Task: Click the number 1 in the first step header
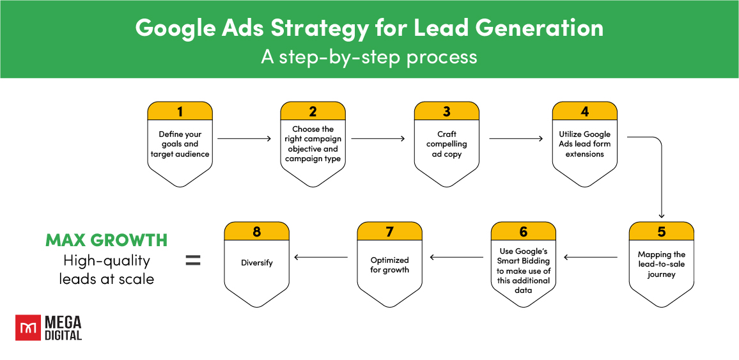click(x=180, y=111)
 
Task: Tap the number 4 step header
click(x=584, y=111)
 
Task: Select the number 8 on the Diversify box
click(x=257, y=231)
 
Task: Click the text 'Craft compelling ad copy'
click(x=446, y=145)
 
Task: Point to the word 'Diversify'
click(x=257, y=263)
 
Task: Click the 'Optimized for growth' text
click(x=389, y=265)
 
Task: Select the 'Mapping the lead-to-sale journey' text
click(x=661, y=265)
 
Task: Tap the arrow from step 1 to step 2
click(x=244, y=138)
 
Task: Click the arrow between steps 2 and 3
click(x=378, y=138)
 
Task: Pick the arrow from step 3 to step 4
click(x=516, y=138)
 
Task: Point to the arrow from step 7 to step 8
click(x=321, y=258)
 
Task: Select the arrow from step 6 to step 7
click(x=456, y=258)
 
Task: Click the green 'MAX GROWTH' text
click(x=107, y=240)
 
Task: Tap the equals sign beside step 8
click(x=193, y=260)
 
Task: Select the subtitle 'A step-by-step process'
click(x=369, y=57)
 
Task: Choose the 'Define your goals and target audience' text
click(x=180, y=145)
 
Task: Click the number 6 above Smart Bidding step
click(x=523, y=231)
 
